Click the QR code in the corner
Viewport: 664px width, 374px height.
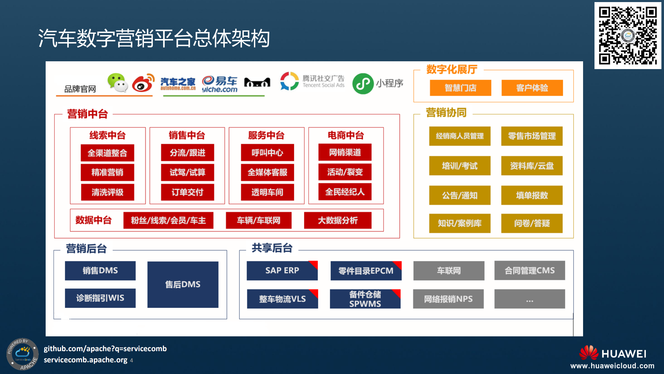pyautogui.click(x=627, y=36)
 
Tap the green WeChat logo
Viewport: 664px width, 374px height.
pyautogui.click(x=117, y=83)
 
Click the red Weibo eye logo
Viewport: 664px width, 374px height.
pyautogui.click(x=143, y=83)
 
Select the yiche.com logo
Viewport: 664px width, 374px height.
pyautogui.click(x=219, y=84)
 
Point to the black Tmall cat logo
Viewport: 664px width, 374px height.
pyautogui.click(x=257, y=83)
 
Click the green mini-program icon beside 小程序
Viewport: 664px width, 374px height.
pyautogui.click(x=363, y=84)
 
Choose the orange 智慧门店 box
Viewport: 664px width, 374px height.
pyautogui.click(x=460, y=88)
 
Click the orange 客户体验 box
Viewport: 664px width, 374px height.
pyautogui.click(x=532, y=88)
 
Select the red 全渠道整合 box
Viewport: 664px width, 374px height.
pyautogui.click(x=107, y=153)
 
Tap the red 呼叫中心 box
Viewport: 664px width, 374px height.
pyautogui.click(x=267, y=152)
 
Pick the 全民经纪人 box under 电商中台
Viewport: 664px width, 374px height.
pyautogui.click(x=345, y=192)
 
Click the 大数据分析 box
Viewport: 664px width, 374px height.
pyautogui.click(x=337, y=220)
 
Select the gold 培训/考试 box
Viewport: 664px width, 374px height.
pyautogui.click(x=460, y=166)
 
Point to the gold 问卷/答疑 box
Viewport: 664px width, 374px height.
pyautogui.click(x=532, y=223)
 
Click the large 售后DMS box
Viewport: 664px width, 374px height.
pyautogui.click(x=183, y=284)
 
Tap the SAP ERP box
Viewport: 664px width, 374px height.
pyautogui.click(x=282, y=270)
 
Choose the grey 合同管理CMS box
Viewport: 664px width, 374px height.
pyautogui.click(x=529, y=270)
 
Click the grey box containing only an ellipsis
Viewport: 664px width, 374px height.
pyautogui.click(x=529, y=299)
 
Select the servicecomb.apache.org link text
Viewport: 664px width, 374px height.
pyautogui.click(x=86, y=360)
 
